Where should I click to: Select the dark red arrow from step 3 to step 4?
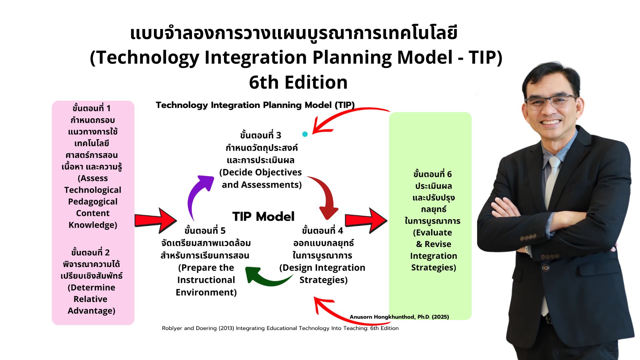(328, 193)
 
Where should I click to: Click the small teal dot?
(305, 134)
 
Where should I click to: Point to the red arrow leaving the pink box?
(155, 220)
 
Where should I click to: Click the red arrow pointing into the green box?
(366, 220)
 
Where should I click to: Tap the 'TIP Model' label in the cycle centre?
(263, 217)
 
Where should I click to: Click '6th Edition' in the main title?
(298, 82)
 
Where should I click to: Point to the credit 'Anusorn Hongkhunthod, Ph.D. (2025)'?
(399, 317)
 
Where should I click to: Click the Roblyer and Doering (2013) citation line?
(280, 328)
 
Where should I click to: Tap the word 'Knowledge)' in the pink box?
(93, 225)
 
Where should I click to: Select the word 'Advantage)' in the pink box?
(91, 311)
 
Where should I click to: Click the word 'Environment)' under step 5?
(206, 292)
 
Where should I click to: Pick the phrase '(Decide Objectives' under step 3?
(260, 172)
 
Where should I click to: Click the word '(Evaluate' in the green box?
(433, 232)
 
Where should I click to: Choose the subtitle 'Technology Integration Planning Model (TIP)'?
(255, 105)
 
